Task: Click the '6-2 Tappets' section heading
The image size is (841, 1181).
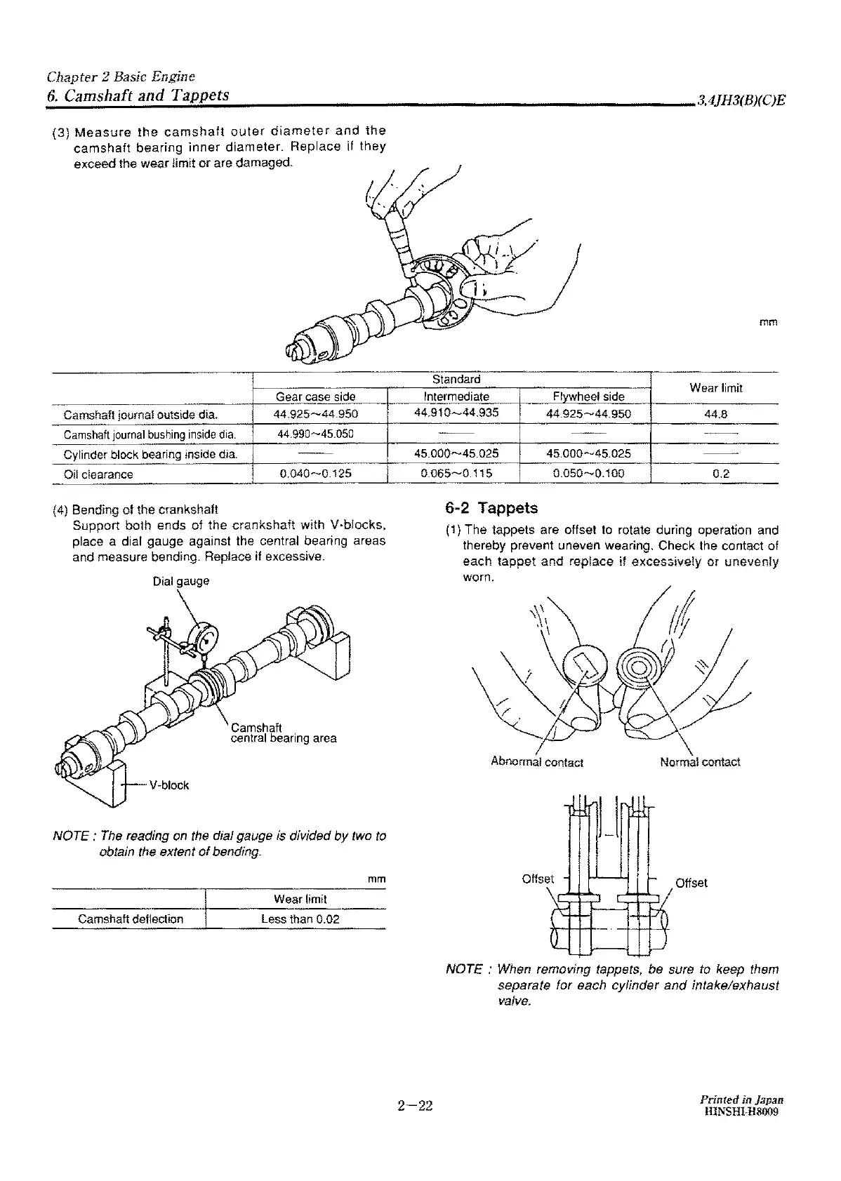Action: click(491, 508)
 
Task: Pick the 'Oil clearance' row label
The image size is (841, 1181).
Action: click(98, 474)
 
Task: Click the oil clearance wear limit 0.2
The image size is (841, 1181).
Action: click(721, 474)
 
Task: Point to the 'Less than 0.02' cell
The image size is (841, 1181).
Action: click(300, 919)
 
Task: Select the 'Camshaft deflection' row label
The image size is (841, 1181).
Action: click(131, 919)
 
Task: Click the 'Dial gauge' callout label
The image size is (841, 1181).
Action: click(181, 582)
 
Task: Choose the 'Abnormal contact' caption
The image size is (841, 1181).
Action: click(537, 762)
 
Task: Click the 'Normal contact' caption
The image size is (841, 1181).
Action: click(700, 762)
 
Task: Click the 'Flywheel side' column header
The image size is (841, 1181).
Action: click(588, 396)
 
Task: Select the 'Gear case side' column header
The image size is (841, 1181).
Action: click(316, 396)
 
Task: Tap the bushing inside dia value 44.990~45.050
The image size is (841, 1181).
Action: click(315, 434)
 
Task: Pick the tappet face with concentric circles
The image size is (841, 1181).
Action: click(640, 666)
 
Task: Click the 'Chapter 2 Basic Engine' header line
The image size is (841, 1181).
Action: click(121, 76)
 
